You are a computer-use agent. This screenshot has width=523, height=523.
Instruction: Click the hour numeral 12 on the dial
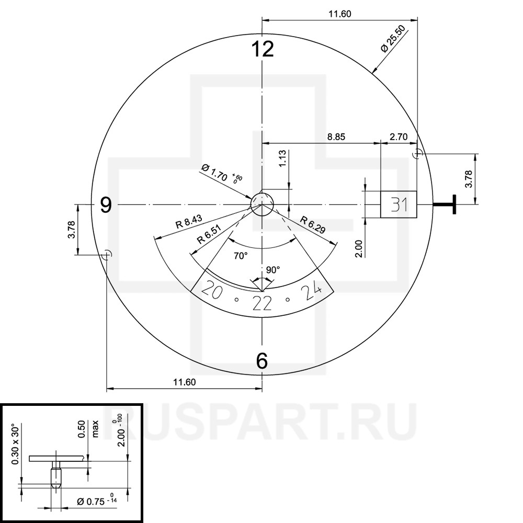[263, 49]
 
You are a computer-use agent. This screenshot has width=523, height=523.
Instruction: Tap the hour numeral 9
[106, 205]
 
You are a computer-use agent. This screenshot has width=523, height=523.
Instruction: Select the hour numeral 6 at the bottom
[262, 360]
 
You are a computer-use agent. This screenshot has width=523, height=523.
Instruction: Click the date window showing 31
[399, 204]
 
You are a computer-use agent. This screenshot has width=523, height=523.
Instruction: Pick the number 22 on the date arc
[262, 303]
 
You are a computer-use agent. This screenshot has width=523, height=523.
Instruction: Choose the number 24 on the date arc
[312, 289]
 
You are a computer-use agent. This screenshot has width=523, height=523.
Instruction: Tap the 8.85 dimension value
[336, 137]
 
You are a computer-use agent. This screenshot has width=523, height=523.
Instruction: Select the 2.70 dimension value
[399, 137]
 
